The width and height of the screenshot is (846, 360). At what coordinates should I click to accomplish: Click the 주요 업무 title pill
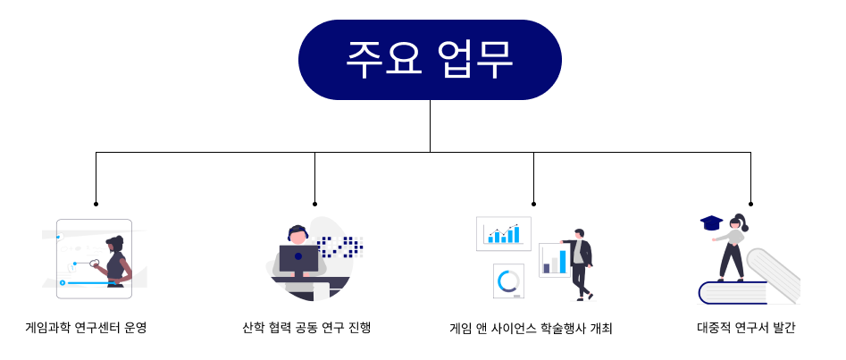click(430, 60)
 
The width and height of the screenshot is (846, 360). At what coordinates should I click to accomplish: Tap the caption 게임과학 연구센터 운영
click(87, 328)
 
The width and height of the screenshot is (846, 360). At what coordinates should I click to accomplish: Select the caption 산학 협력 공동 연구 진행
click(307, 328)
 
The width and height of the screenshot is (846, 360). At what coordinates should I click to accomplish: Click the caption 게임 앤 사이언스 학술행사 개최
click(531, 329)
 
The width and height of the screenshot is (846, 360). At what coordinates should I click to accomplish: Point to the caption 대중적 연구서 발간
click(746, 328)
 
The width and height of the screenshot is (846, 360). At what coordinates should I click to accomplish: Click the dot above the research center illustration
click(96, 204)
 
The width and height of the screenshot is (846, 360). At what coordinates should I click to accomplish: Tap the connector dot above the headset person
click(315, 204)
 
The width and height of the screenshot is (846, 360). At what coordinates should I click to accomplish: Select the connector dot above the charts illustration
click(533, 204)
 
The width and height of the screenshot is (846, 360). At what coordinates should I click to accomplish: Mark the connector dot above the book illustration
click(750, 204)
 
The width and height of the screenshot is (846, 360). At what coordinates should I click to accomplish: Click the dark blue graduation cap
click(711, 222)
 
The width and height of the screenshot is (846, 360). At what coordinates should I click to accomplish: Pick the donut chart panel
click(508, 281)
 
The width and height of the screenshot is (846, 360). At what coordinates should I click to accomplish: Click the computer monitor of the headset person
click(298, 260)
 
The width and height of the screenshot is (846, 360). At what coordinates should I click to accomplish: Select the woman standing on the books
click(732, 247)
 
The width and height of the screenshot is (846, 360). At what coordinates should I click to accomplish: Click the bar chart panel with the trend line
click(503, 234)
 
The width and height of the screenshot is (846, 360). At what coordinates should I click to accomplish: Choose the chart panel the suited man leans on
click(554, 260)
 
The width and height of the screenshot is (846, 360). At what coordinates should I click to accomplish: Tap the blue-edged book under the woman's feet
click(733, 292)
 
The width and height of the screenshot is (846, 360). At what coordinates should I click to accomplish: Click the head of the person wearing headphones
click(297, 235)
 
